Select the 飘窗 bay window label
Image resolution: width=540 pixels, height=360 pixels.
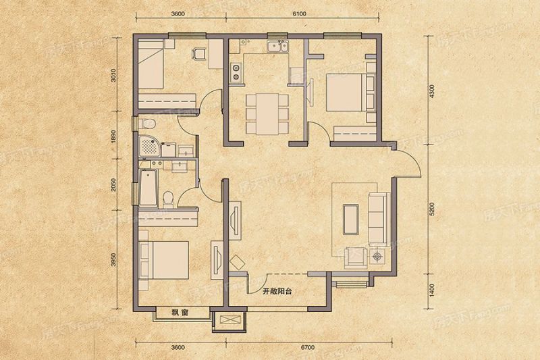click(179, 313)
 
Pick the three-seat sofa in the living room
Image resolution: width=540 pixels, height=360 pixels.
click(375, 217)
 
